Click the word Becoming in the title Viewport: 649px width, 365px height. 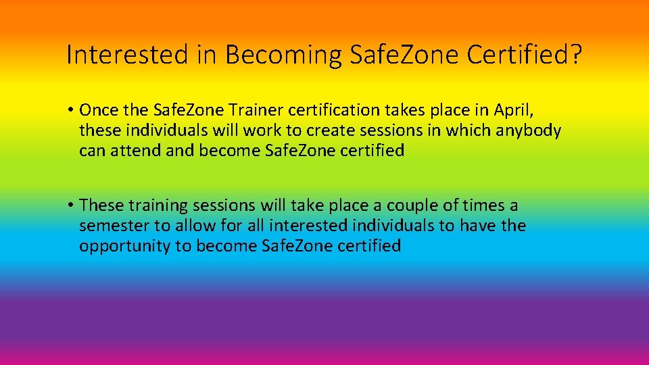click(284, 55)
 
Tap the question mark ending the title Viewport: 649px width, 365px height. click(575, 55)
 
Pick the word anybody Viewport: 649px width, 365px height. click(529, 130)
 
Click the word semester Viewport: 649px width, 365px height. click(113, 226)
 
